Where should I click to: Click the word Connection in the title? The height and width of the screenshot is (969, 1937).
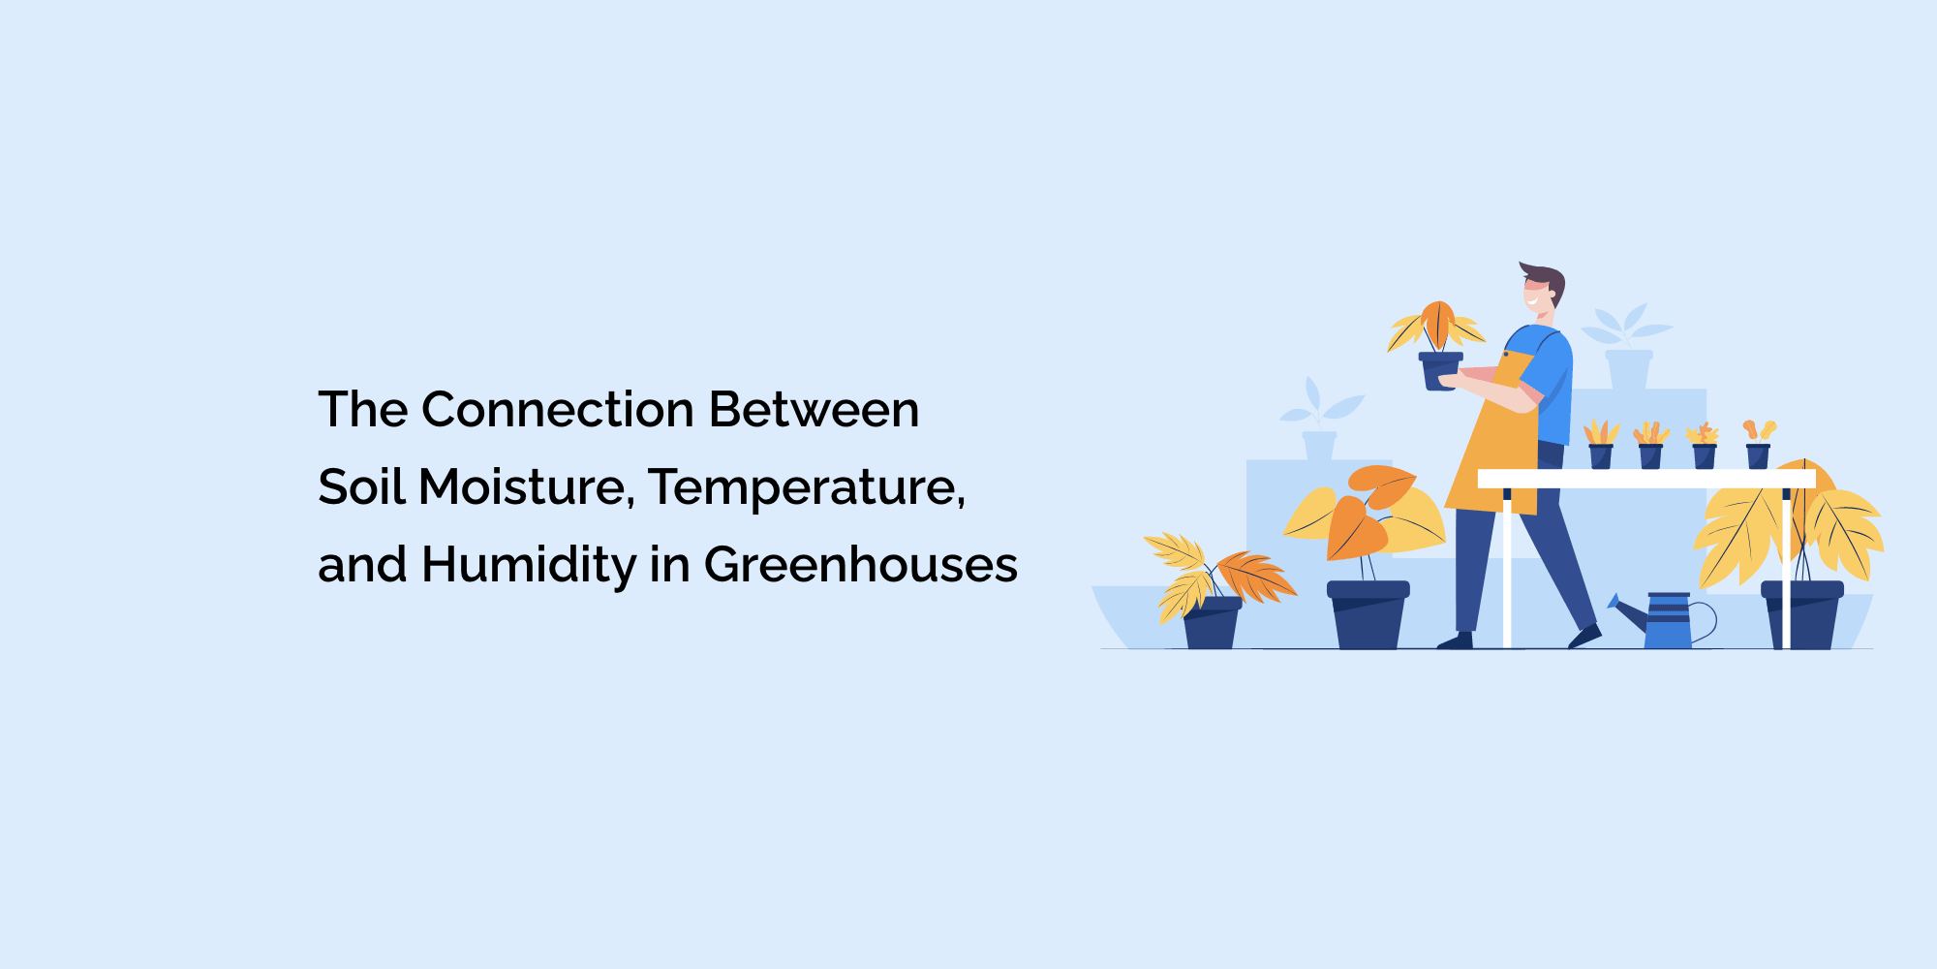pos(558,410)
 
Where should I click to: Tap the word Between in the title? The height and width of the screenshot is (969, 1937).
pos(814,410)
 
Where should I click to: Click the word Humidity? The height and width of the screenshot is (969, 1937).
pos(529,566)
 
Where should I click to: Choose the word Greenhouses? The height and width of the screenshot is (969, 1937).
pos(861,566)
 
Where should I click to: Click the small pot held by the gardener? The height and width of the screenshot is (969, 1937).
pos(1440,370)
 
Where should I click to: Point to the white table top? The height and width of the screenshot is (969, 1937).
pos(1646,479)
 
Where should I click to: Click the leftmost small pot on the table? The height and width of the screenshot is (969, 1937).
pos(1601,455)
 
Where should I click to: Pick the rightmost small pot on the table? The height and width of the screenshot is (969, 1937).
pos(1758,455)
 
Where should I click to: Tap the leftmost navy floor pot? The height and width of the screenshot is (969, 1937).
pos(1211,623)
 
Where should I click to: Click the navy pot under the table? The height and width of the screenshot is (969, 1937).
pos(1801,615)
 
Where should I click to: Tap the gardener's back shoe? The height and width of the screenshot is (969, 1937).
pos(1455,641)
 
